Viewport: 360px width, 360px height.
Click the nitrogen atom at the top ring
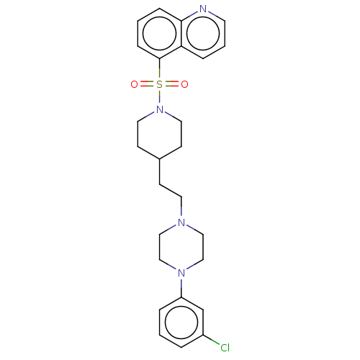pyautogui.click(x=202, y=9)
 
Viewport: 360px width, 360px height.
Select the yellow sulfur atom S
pyautogui.click(x=159, y=84)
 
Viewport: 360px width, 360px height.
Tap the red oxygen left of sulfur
pyautogui.click(x=134, y=84)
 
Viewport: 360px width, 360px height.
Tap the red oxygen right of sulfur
pyautogui.click(x=184, y=84)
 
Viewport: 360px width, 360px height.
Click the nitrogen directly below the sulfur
pyautogui.click(x=159, y=110)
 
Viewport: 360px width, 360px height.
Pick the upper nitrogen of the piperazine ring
pyautogui.click(x=181, y=222)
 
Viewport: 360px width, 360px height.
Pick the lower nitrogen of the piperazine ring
pyautogui.click(x=181, y=272)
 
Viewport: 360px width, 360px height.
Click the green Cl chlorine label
pyautogui.click(x=224, y=348)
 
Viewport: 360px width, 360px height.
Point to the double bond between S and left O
pyautogui.click(x=146, y=84)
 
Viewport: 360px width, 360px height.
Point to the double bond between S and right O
pyautogui.click(x=172, y=84)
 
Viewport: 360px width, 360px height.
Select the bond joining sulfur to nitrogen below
pyautogui.click(x=159, y=97)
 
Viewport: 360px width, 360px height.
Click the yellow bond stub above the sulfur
pyautogui.click(x=159, y=72)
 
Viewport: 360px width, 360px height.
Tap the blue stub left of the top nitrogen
pyautogui.click(x=193, y=14)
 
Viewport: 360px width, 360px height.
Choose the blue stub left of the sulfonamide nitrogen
pyautogui.click(x=150, y=114)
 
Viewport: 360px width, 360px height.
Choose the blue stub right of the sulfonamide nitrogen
pyautogui.click(x=168, y=114)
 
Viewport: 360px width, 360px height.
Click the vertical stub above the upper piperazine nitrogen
pyautogui.click(x=181, y=211)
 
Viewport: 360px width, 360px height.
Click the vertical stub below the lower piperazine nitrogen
pyautogui.click(x=181, y=284)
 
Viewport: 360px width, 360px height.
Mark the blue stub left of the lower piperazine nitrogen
pyautogui.click(x=171, y=267)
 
